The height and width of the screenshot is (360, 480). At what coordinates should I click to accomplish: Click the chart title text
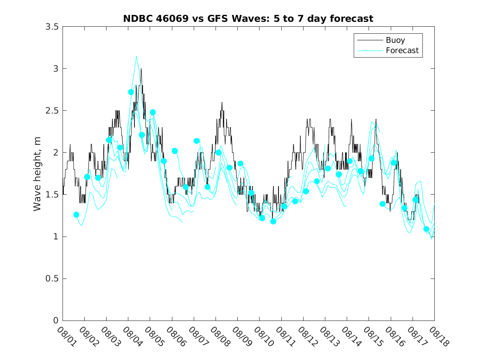(x=248, y=19)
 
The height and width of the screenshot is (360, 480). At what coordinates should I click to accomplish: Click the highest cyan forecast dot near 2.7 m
(x=131, y=92)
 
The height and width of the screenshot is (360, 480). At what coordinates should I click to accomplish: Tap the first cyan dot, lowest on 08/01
(x=76, y=215)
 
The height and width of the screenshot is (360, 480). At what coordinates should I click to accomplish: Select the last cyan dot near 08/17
(x=426, y=229)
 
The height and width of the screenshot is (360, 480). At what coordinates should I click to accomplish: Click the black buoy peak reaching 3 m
(x=141, y=69)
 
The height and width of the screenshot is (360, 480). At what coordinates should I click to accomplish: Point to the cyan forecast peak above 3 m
(x=136, y=56)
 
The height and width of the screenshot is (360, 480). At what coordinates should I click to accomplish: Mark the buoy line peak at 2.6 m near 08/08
(x=222, y=102)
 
